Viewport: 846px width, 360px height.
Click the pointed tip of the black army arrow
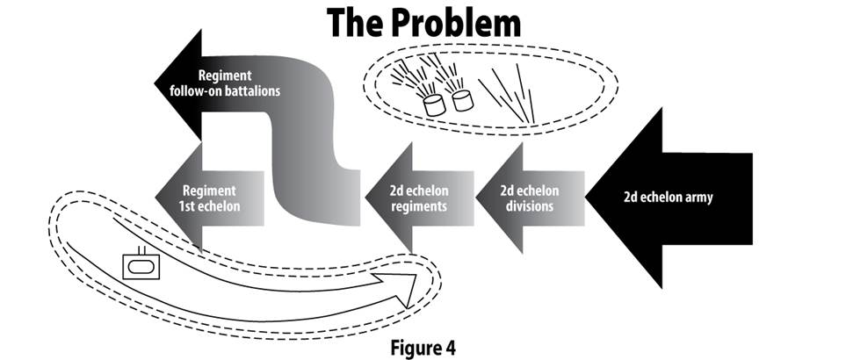591,198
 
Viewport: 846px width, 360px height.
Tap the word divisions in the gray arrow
533,207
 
